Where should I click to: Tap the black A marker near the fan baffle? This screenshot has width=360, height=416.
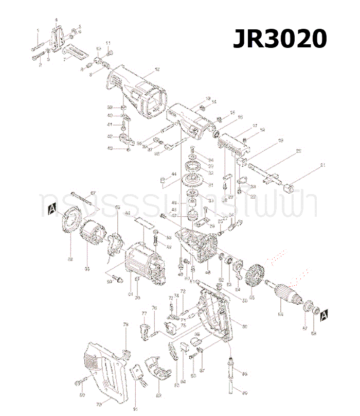(51, 209)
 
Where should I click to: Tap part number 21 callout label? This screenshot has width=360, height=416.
(323, 165)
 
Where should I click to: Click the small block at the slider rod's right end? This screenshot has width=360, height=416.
(291, 185)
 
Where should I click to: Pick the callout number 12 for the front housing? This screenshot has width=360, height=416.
(157, 69)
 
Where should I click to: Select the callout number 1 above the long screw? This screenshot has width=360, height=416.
(38, 31)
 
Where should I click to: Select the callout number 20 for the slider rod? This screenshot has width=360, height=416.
(299, 151)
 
